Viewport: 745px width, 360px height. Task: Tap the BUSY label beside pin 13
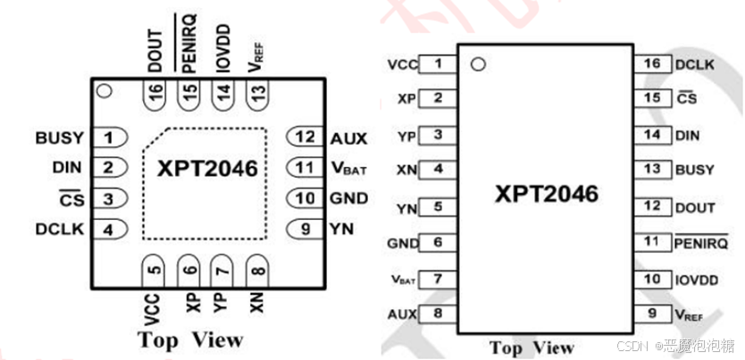click(694, 169)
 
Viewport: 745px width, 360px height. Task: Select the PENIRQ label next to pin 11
click(700, 242)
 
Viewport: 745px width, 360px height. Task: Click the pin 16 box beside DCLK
click(652, 64)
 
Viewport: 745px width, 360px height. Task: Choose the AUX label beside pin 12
click(349, 138)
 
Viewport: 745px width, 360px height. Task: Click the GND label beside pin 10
click(349, 198)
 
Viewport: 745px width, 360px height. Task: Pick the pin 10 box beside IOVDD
click(652, 280)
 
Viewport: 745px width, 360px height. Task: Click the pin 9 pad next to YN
click(305, 229)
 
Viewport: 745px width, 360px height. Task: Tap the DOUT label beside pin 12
click(694, 207)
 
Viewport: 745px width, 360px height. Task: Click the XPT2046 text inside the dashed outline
click(207, 169)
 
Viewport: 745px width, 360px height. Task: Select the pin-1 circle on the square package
click(104, 90)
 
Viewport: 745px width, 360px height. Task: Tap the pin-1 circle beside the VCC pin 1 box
click(478, 64)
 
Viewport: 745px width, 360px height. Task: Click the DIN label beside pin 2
click(68, 167)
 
